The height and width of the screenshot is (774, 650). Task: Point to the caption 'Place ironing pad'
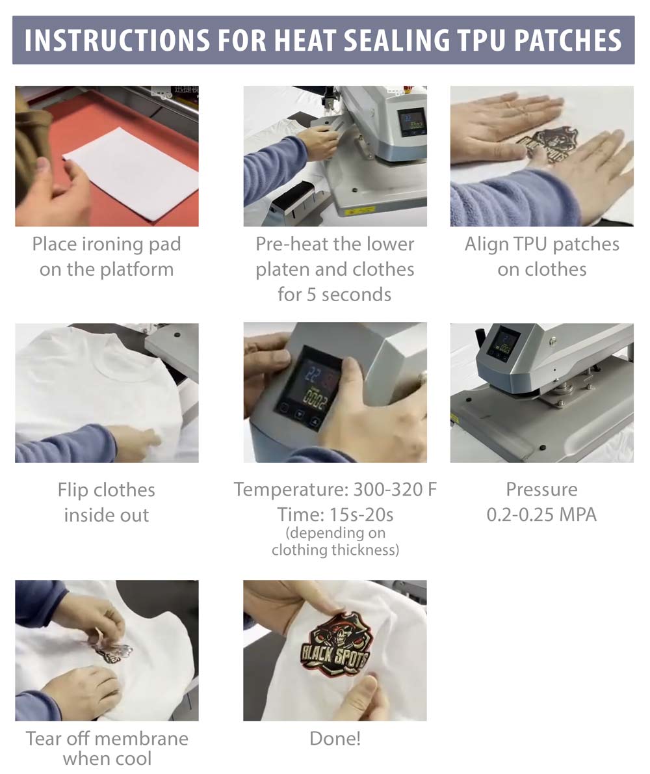pyautogui.click(x=107, y=244)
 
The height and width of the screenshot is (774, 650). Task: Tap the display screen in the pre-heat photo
pyautogui.click(x=412, y=122)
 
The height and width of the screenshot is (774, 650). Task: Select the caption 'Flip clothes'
pyautogui.click(x=107, y=490)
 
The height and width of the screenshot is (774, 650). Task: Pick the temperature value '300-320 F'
pyautogui.click(x=395, y=489)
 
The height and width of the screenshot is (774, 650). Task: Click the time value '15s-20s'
pyautogui.click(x=361, y=515)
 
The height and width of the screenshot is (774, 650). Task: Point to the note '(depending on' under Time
pyautogui.click(x=335, y=533)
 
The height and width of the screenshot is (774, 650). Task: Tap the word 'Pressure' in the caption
pyautogui.click(x=541, y=489)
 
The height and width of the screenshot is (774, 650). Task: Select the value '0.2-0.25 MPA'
pyautogui.click(x=541, y=515)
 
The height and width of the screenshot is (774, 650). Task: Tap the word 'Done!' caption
pyautogui.click(x=335, y=738)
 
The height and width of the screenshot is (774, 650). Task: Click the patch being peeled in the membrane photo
pyautogui.click(x=112, y=650)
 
